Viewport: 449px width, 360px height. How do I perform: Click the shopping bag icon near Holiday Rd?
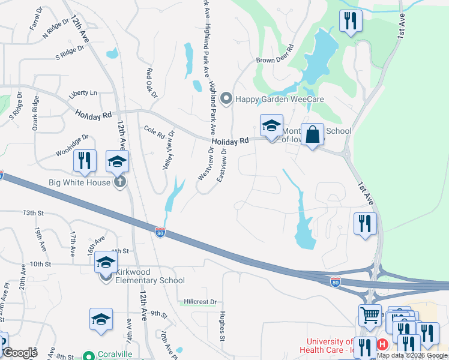click(x=313, y=135)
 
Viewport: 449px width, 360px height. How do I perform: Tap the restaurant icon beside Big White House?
click(x=85, y=160)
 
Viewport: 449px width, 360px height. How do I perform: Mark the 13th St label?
click(x=34, y=213)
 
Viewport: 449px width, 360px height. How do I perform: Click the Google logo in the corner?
click(x=20, y=353)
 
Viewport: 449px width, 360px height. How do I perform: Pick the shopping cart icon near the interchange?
click(x=369, y=315)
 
